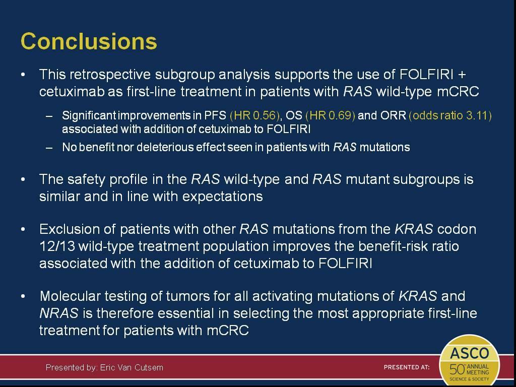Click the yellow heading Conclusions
[x=89, y=41]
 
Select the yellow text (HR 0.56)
[x=254, y=115]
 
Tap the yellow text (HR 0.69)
[x=331, y=115]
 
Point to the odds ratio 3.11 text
[x=450, y=115]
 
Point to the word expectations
[x=222, y=197]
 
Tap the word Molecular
[x=70, y=296]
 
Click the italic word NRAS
[x=59, y=313]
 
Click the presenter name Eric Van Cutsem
[x=132, y=367]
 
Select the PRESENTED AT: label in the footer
[x=407, y=367]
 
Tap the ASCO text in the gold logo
[x=470, y=353]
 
